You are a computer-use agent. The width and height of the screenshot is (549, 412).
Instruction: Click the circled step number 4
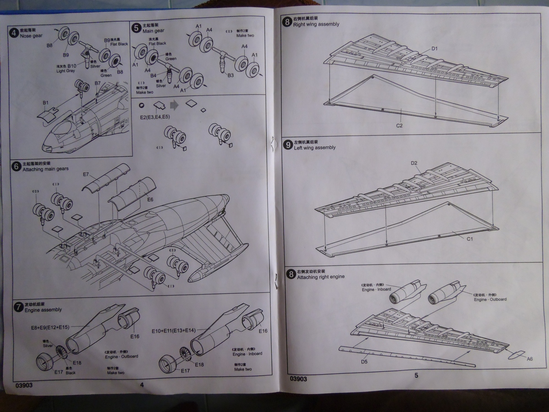pos(15,33)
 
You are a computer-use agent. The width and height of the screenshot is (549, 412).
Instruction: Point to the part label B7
pos(97,83)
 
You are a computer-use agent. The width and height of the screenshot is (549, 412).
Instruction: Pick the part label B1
pos(45,103)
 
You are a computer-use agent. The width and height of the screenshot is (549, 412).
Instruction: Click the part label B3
pos(231,75)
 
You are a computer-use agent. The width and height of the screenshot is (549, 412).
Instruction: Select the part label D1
pos(435,49)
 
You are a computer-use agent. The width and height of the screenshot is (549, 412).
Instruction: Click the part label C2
pos(399,125)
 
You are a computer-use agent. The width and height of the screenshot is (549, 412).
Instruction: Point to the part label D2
pos(414,163)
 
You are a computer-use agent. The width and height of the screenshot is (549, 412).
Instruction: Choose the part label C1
pos(470,239)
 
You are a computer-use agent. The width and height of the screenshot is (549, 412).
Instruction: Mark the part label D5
pos(364,362)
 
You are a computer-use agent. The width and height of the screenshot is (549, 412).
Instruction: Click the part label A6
pos(529,359)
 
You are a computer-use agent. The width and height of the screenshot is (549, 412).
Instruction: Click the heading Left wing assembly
pos(315,148)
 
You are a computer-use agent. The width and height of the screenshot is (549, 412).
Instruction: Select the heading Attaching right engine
pos(321,277)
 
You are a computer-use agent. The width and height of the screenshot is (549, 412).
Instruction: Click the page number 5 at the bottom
pos(416,375)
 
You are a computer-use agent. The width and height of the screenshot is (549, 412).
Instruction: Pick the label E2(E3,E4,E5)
pos(155,117)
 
